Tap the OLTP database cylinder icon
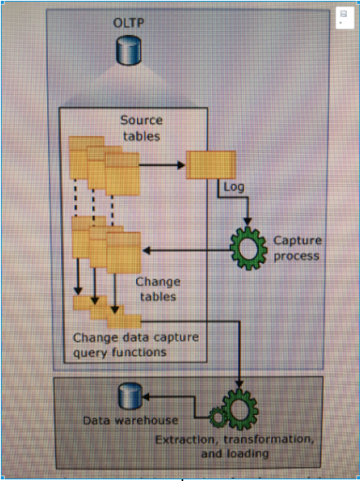pyautogui.click(x=127, y=51)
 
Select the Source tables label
pyautogui.click(x=141, y=129)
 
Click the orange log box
pyautogui.click(x=211, y=164)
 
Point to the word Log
pyautogui.click(x=233, y=187)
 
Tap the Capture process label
pyautogui.click(x=297, y=247)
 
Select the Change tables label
pyautogui.click(x=157, y=289)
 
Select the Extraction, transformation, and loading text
pyautogui.click(x=234, y=446)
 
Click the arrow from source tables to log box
pyautogui.click(x=163, y=164)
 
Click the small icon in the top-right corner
pyautogui.click(x=343, y=20)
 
